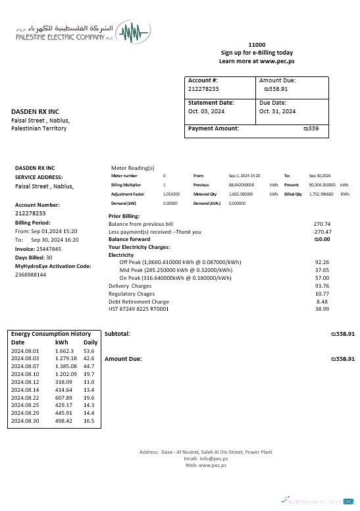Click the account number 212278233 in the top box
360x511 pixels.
coord(203,88)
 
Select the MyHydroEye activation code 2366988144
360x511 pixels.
coord(30,275)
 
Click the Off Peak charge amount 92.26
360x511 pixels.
coord(322,262)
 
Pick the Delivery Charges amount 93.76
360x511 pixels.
coord(322,286)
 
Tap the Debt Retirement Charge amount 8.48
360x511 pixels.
coord(323,302)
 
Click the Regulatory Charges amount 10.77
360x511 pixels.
coord(322,294)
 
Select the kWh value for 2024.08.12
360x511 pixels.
coord(64,382)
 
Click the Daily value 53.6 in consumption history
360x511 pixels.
coord(90,351)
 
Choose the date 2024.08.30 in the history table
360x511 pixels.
coord(26,421)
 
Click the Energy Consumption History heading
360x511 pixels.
coord(51,334)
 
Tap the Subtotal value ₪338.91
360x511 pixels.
coord(342,334)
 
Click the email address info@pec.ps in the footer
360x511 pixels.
coord(205,458)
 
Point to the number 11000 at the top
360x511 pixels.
coord(257,43)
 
